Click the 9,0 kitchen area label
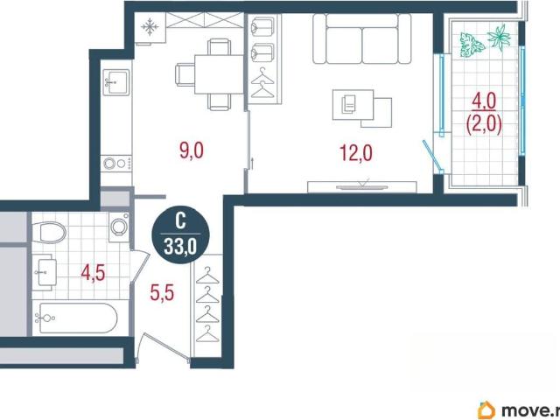192,150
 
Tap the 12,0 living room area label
356,153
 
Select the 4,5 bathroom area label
93,274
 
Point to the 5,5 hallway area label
162,293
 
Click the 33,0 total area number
180,246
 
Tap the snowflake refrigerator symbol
150,27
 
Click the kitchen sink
115,82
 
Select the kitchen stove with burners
116,164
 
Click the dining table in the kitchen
219,74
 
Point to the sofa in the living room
361,38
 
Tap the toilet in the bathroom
49,232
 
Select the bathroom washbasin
45,272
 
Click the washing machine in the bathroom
119,226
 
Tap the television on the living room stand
361,186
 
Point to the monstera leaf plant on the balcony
471,45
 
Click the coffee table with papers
361,108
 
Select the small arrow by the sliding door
252,163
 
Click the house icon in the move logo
486,410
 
